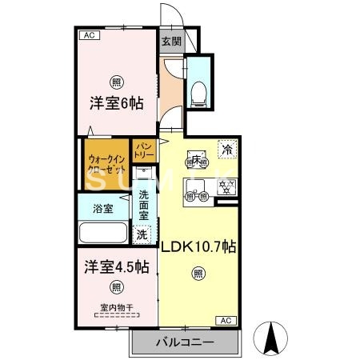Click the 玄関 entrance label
[x=170, y=42]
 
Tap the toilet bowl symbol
[x=200, y=91]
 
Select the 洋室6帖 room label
[x=115, y=103]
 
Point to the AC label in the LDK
[x=225, y=321]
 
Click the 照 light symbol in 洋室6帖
[x=117, y=82]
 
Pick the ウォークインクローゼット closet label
[x=106, y=164]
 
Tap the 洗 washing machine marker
[x=141, y=235]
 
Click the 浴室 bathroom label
[x=102, y=209]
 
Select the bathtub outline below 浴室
[x=102, y=235]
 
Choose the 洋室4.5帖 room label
[x=114, y=266]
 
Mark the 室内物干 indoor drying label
[x=116, y=307]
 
